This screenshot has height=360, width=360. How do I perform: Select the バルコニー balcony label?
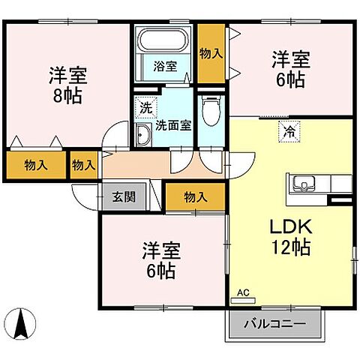tap(274, 325)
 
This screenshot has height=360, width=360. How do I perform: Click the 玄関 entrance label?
tap(124, 197)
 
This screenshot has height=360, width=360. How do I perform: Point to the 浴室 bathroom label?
tap(166, 66)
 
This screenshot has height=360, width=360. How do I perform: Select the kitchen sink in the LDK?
tap(304, 182)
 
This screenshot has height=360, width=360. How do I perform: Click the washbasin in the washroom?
tap(142, 135)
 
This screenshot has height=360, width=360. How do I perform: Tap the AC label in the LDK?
tap(243, 292)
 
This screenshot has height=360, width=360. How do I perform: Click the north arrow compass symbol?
tap(24, 324)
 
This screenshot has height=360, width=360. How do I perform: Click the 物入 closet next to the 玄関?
tap(194, 197)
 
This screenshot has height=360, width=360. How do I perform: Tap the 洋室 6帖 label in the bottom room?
tap(160, 259)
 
